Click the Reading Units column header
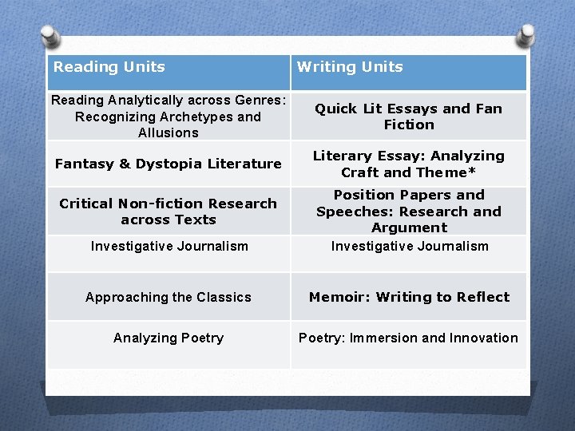tap(109, 67)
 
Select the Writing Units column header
tap(350, 67)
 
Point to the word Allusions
tap(168, 132)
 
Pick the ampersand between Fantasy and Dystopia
tap(124, 164)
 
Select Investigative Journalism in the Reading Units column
tap(169, 246)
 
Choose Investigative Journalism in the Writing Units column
tap(410, 246)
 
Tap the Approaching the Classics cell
tap(169, 297)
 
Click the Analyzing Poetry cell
tap(169, 338)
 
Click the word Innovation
tap(483, 338)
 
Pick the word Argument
tap(409, 227)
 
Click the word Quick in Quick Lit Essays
tap(335, 109)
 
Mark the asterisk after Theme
tap(473, 171)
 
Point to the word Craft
tap(361, 172)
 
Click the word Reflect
tap(482, 297)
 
